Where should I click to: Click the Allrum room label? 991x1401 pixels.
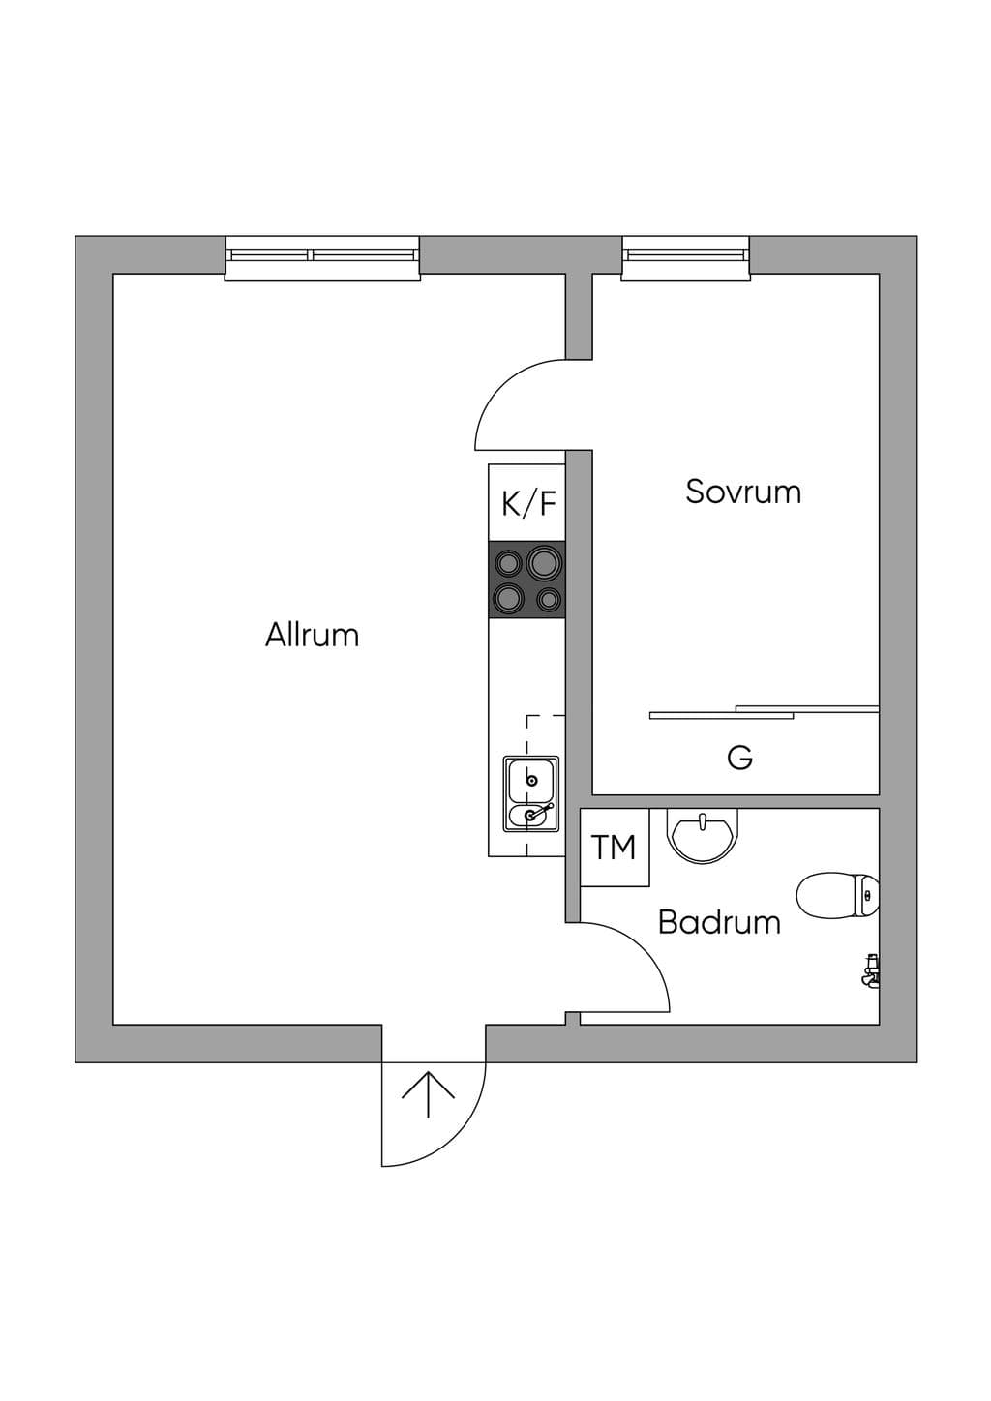(313, 635)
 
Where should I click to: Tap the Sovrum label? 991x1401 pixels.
(743, 492)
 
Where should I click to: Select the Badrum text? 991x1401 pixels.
(719, 922)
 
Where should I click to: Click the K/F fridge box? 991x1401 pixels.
(526, 503)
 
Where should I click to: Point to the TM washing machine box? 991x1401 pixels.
(615, 848)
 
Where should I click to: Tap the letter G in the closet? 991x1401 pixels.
(740, 758)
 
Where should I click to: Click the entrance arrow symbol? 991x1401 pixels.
(428, 1094)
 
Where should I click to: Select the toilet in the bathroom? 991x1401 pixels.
(838, 896)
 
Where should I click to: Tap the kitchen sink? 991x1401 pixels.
(531, 794)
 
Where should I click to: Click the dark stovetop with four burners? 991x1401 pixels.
(526, 581)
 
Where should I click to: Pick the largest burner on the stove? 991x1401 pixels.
(544, 561)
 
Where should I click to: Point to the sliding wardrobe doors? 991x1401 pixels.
(765, 712)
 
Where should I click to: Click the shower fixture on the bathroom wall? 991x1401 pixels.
(870, 971)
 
